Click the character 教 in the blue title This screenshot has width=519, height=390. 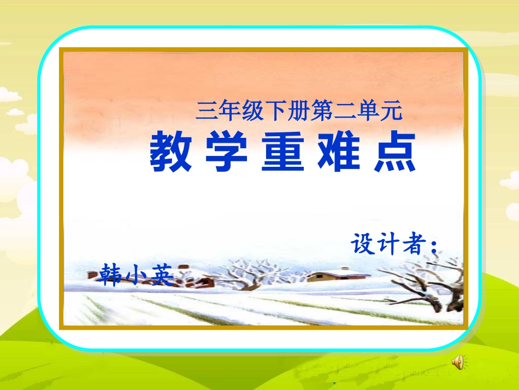[170, 152]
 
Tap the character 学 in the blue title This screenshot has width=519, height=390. [227, 152]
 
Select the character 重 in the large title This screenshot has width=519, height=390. [283, 152]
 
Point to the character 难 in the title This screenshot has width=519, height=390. [339, 152]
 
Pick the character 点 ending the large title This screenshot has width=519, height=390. [396, 152]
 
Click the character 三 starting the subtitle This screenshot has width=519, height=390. [205, 113]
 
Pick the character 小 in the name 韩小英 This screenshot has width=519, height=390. [137, 275]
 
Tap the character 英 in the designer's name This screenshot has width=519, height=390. [161, 275]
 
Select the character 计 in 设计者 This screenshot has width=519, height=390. [390, 245]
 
